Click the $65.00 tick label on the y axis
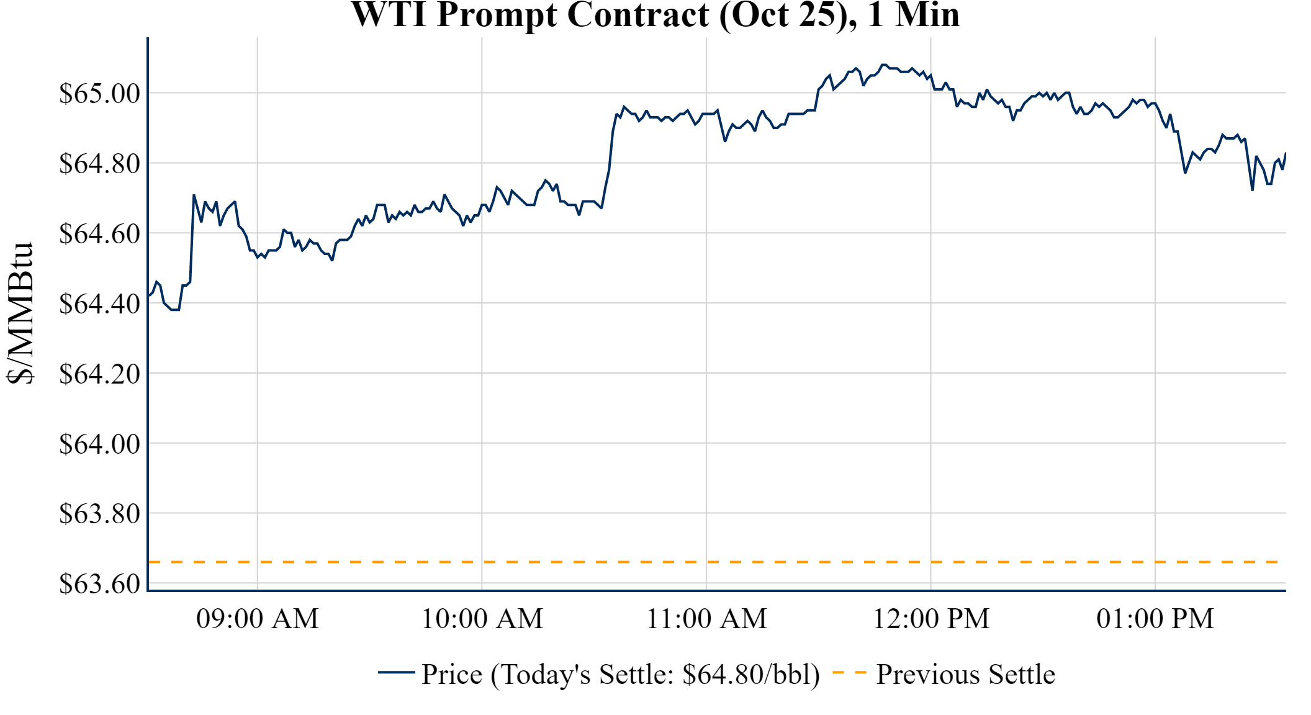tap(99, 94)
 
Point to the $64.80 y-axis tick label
tap(99, 164)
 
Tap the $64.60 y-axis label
tap(99, 234)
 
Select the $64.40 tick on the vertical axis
tap(99, 304)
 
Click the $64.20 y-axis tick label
tap(99, 374)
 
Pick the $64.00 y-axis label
tap(99, 444)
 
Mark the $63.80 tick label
tap(99, 514)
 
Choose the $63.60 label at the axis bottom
tap(99, 584)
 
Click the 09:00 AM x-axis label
tap(258, 619)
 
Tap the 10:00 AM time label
tap(482, 619)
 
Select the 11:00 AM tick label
tap(707, 619)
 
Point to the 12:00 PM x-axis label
tap(931, 619)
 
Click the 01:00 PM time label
tap(1155, 619)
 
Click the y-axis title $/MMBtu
tap(20, 313)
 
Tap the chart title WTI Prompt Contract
tap(655, 15)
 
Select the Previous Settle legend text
tap(965, 675)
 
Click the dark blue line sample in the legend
tap(396, 672)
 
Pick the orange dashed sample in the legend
tap(849, 672)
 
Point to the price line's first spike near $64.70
tap(194, 196)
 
